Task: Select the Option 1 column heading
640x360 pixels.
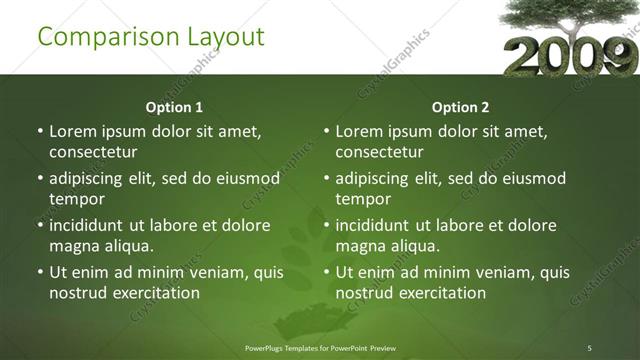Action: [x=174, y=107]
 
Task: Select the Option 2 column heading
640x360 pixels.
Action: [x=460, y=107]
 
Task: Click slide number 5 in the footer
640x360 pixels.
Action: [x=590, y=348]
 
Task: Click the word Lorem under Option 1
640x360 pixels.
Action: [x=73, y=131]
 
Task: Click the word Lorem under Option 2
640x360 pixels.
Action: [x=359, y=131]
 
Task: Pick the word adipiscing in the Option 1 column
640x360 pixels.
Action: [x=91, y=178]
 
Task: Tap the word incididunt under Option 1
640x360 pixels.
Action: [x=94, y=225]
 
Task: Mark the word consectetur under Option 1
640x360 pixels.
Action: [x=93, y=152]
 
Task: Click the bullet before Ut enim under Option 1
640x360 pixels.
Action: [x=39, y=272]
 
